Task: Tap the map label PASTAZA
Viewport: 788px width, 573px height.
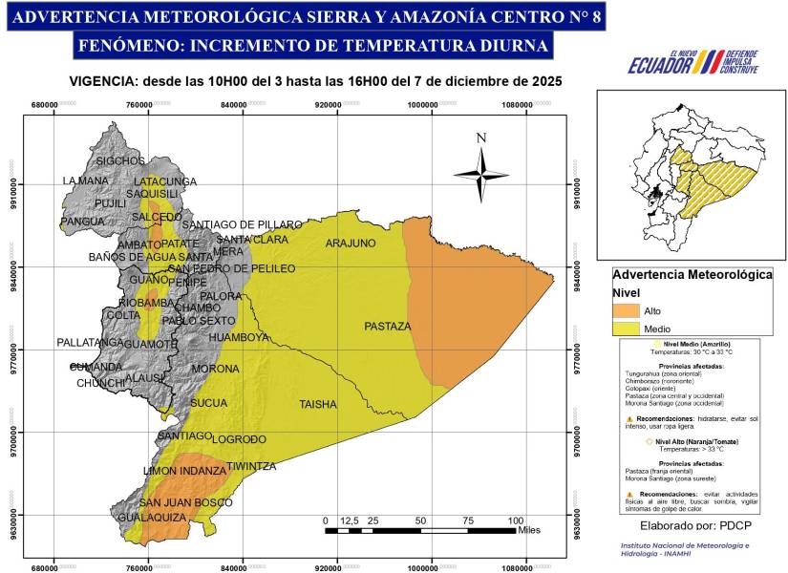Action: point(387,327)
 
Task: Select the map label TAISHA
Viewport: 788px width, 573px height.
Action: point(318,404)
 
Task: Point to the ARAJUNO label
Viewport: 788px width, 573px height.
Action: point(351,244)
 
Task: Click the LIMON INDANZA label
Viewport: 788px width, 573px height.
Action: point(184,471)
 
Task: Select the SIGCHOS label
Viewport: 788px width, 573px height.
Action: point(120,160)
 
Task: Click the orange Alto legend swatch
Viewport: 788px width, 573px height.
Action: point(626,310)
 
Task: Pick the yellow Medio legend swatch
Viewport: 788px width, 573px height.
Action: point(626,329)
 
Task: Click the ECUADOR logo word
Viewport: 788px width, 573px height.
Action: point(658,65)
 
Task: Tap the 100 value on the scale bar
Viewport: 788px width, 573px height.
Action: point(516,520)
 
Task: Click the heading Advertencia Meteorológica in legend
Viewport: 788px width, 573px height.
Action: point(692,274)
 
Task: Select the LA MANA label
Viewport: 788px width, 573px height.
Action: point(86,180)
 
